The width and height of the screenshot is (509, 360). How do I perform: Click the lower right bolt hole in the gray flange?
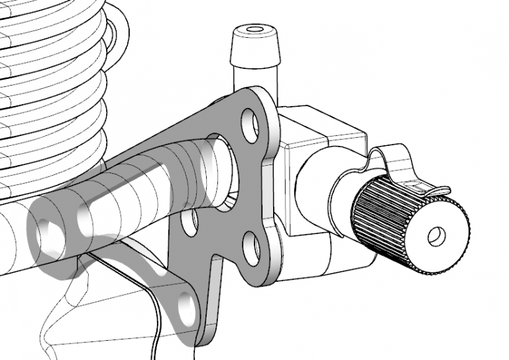pyautogui.click(x=251, y=250)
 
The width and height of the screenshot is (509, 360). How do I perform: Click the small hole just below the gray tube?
pyautogui.click(x=191, y=225)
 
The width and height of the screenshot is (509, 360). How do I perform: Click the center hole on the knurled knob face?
pyautogui.click(x=436, y=236)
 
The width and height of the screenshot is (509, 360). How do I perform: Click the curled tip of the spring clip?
pyautogui.click(x=441, y=192)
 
